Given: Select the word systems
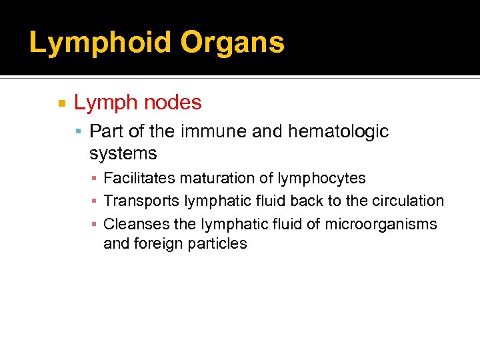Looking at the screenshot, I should pyautogui.click(x=123, y=153).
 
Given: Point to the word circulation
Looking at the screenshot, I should pyautogui.click(x=408, y=201).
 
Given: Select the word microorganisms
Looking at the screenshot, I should pyautogui.click(x=381, y=224).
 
